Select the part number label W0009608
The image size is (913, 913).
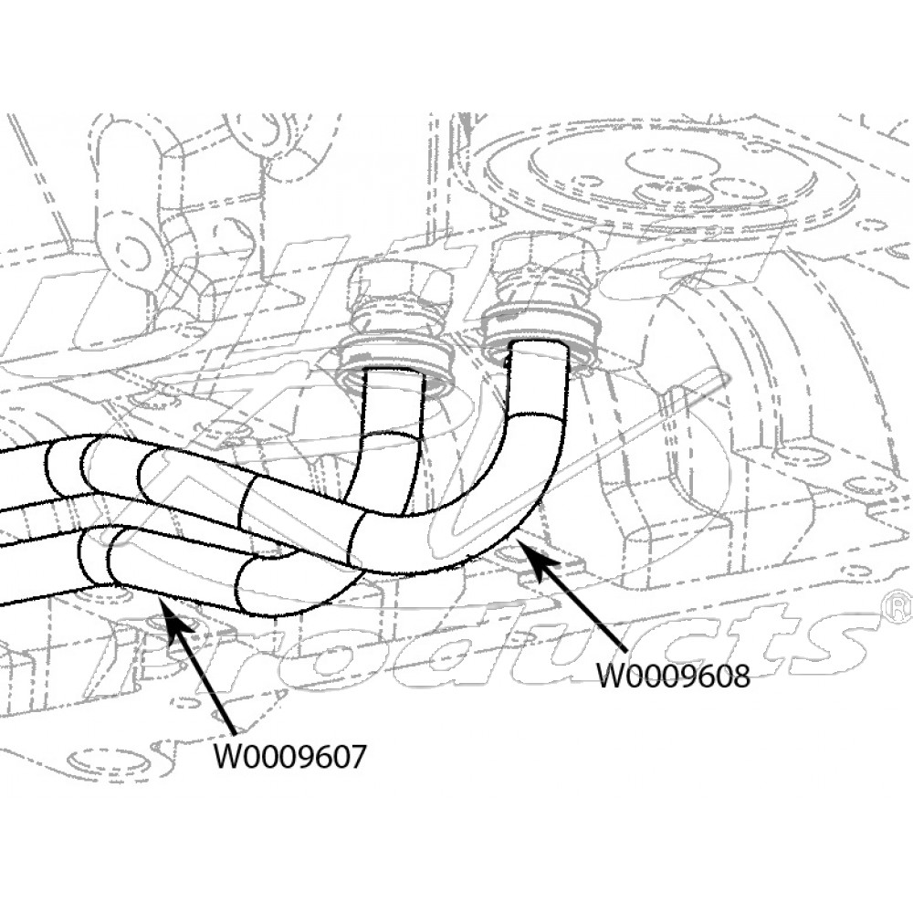point(673,677)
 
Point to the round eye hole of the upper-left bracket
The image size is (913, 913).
point(135,247)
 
